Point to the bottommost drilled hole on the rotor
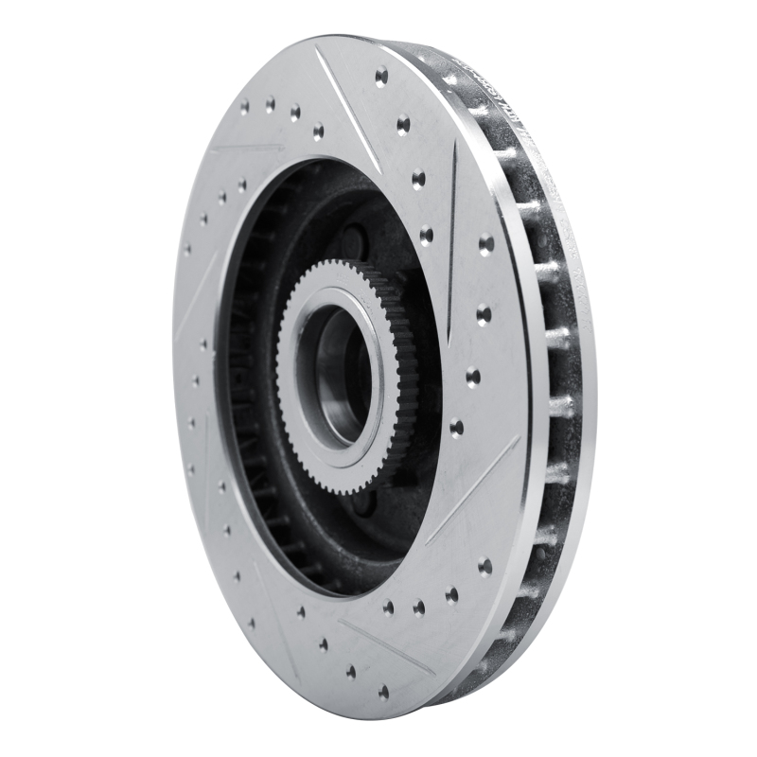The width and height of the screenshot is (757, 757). (383, 692)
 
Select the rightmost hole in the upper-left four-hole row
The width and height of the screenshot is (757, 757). (318, 130)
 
